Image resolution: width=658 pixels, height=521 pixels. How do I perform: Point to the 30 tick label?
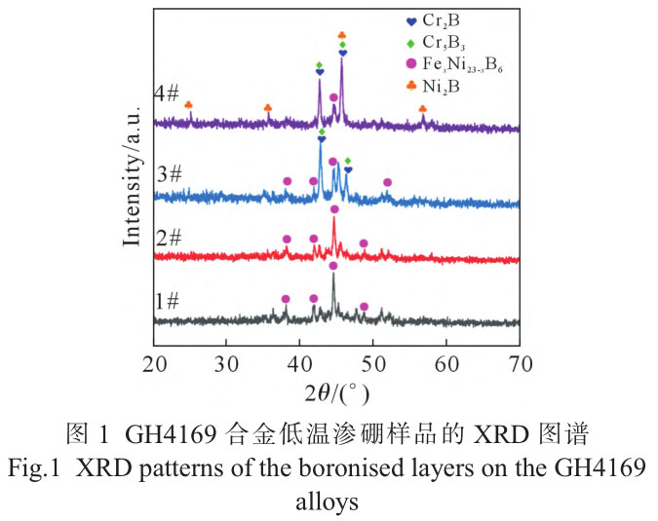pyautogui.click(x=227, y=364)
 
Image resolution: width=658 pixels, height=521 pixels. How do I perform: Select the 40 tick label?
pyautogui.click(x=300, y=364)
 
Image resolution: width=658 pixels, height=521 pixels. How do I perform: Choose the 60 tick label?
pyautogui.click(x=447, y=364)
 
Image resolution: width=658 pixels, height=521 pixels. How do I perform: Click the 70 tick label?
pyautogui.click(x=520, y=364)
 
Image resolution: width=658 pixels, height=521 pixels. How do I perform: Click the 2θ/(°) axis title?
pyautogui.click(x=335, y=394)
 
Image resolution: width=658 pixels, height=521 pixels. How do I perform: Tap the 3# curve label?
pyautogui.click(x=169, y=174)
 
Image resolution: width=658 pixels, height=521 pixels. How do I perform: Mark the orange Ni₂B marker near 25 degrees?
pyautogui.click(x=188, y=105)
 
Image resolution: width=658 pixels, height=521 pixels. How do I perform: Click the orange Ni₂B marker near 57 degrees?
pyautogui.click(x=422, y=110)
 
